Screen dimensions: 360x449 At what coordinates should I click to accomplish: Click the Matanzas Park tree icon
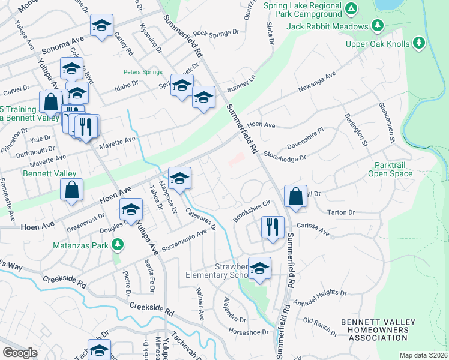click(118, 244)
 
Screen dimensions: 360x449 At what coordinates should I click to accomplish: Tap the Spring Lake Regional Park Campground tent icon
click(352, 8)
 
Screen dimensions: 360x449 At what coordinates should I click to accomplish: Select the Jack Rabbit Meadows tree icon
click(378, 26)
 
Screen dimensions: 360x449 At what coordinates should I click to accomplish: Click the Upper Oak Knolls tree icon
click(419, 43)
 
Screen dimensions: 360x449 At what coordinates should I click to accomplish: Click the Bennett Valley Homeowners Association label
click(378, 330)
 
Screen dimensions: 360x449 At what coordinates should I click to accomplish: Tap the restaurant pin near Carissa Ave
click(273, 227)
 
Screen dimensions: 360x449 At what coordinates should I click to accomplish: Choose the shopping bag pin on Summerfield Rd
click(296, 196)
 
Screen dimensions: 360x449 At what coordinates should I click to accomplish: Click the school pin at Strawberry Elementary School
click(259, 268)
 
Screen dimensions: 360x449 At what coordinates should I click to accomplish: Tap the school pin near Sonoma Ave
click(101, 26)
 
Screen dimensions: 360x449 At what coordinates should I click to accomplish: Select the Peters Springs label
click(143, 72)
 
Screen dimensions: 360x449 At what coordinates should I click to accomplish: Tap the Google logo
click(20, 353)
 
